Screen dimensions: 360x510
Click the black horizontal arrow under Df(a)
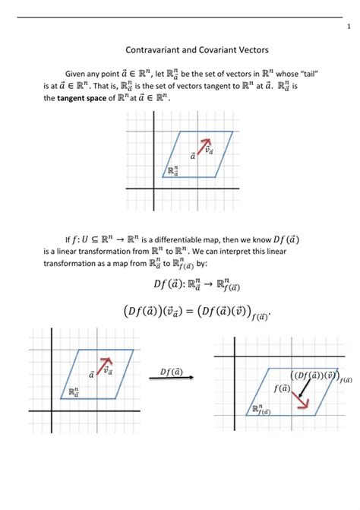(x=170, y=379)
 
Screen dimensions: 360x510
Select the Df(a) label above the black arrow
(x=171, y=370)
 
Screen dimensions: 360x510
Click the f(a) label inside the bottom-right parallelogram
(x=282, y=388)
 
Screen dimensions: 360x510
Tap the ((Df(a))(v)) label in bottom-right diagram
(x=314, y=375)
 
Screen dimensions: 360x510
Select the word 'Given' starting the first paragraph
(x=77, y=73)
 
